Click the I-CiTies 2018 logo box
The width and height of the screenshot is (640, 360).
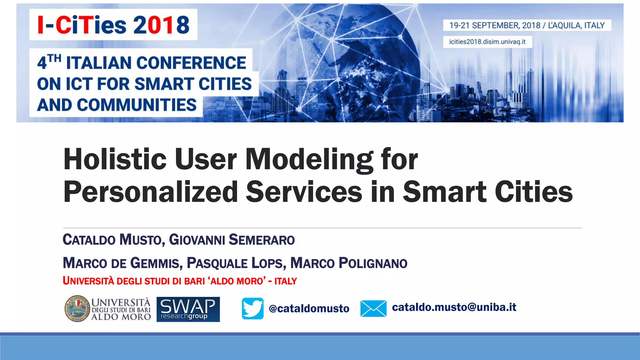pos(113,25)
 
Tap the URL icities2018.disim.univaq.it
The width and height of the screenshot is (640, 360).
pos(487,42)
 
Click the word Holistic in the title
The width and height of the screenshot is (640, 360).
pos(115,159)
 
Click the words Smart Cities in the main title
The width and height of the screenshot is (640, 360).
pos(487,192)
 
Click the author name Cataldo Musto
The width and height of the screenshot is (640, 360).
pos(112,240)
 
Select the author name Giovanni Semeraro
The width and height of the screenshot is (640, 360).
pos(232,240)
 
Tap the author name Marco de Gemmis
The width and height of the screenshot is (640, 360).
pos(122,263)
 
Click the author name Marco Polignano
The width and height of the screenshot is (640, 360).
pos(348,263)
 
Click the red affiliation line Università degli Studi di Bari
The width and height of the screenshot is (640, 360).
pos(179,281)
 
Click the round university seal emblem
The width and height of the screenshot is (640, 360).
pos(77,309)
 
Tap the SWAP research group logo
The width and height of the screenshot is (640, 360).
pos(188,309)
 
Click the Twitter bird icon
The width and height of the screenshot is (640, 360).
pos(252,308)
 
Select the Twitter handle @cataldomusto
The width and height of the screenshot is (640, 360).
pos(309,309)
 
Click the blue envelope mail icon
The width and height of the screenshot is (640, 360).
pos(373,308)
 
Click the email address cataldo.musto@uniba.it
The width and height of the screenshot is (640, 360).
pos(454,307)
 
